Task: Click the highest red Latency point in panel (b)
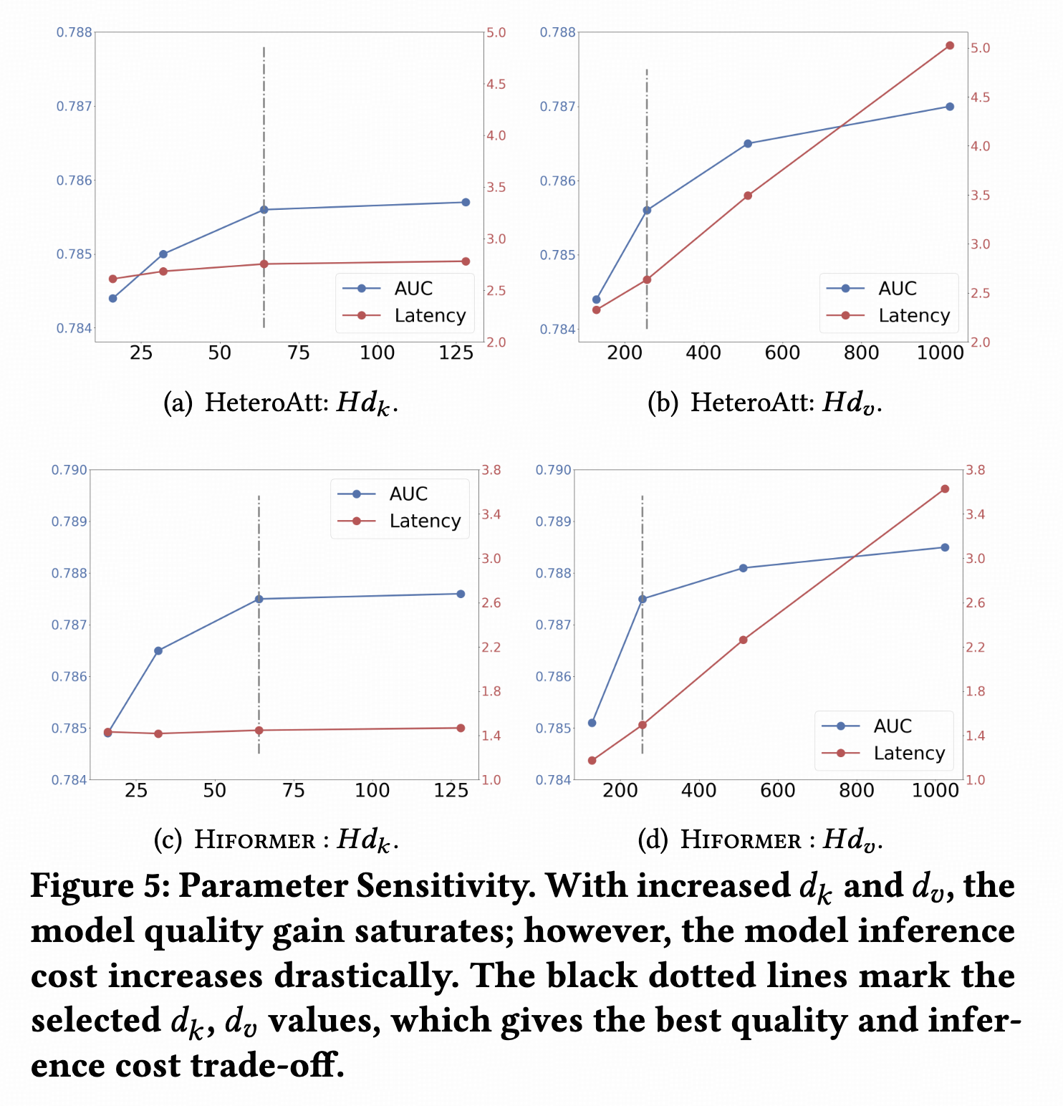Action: [950, 46]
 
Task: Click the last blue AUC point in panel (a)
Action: [466, 202]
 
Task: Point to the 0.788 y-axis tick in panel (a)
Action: [74, 32]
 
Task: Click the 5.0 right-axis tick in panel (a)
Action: [496, 33]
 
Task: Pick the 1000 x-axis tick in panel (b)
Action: [941, 352]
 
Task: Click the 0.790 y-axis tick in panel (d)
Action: [554, 470]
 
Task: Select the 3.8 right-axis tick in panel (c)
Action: [491, 470]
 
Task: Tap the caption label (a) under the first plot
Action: [178, 403]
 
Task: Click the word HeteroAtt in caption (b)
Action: [752, 403]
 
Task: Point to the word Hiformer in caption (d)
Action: [741, 840]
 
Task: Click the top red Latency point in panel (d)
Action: [944, 489]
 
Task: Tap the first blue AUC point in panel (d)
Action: [592, 723]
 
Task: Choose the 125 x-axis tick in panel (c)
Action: [451, 791]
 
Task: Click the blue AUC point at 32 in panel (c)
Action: [158, 650]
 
